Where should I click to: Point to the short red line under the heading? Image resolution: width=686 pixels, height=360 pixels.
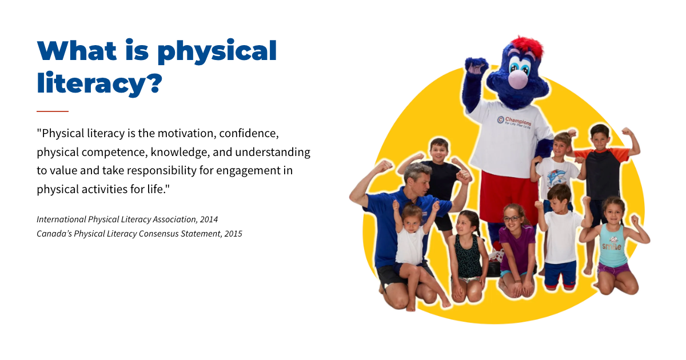tap(53, 111)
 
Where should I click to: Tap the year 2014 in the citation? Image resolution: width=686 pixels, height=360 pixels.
tap(209, 219)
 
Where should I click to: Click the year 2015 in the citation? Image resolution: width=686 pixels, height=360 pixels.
tap(233, 234)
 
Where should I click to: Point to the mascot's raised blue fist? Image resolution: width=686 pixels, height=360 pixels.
tap(476, 66)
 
